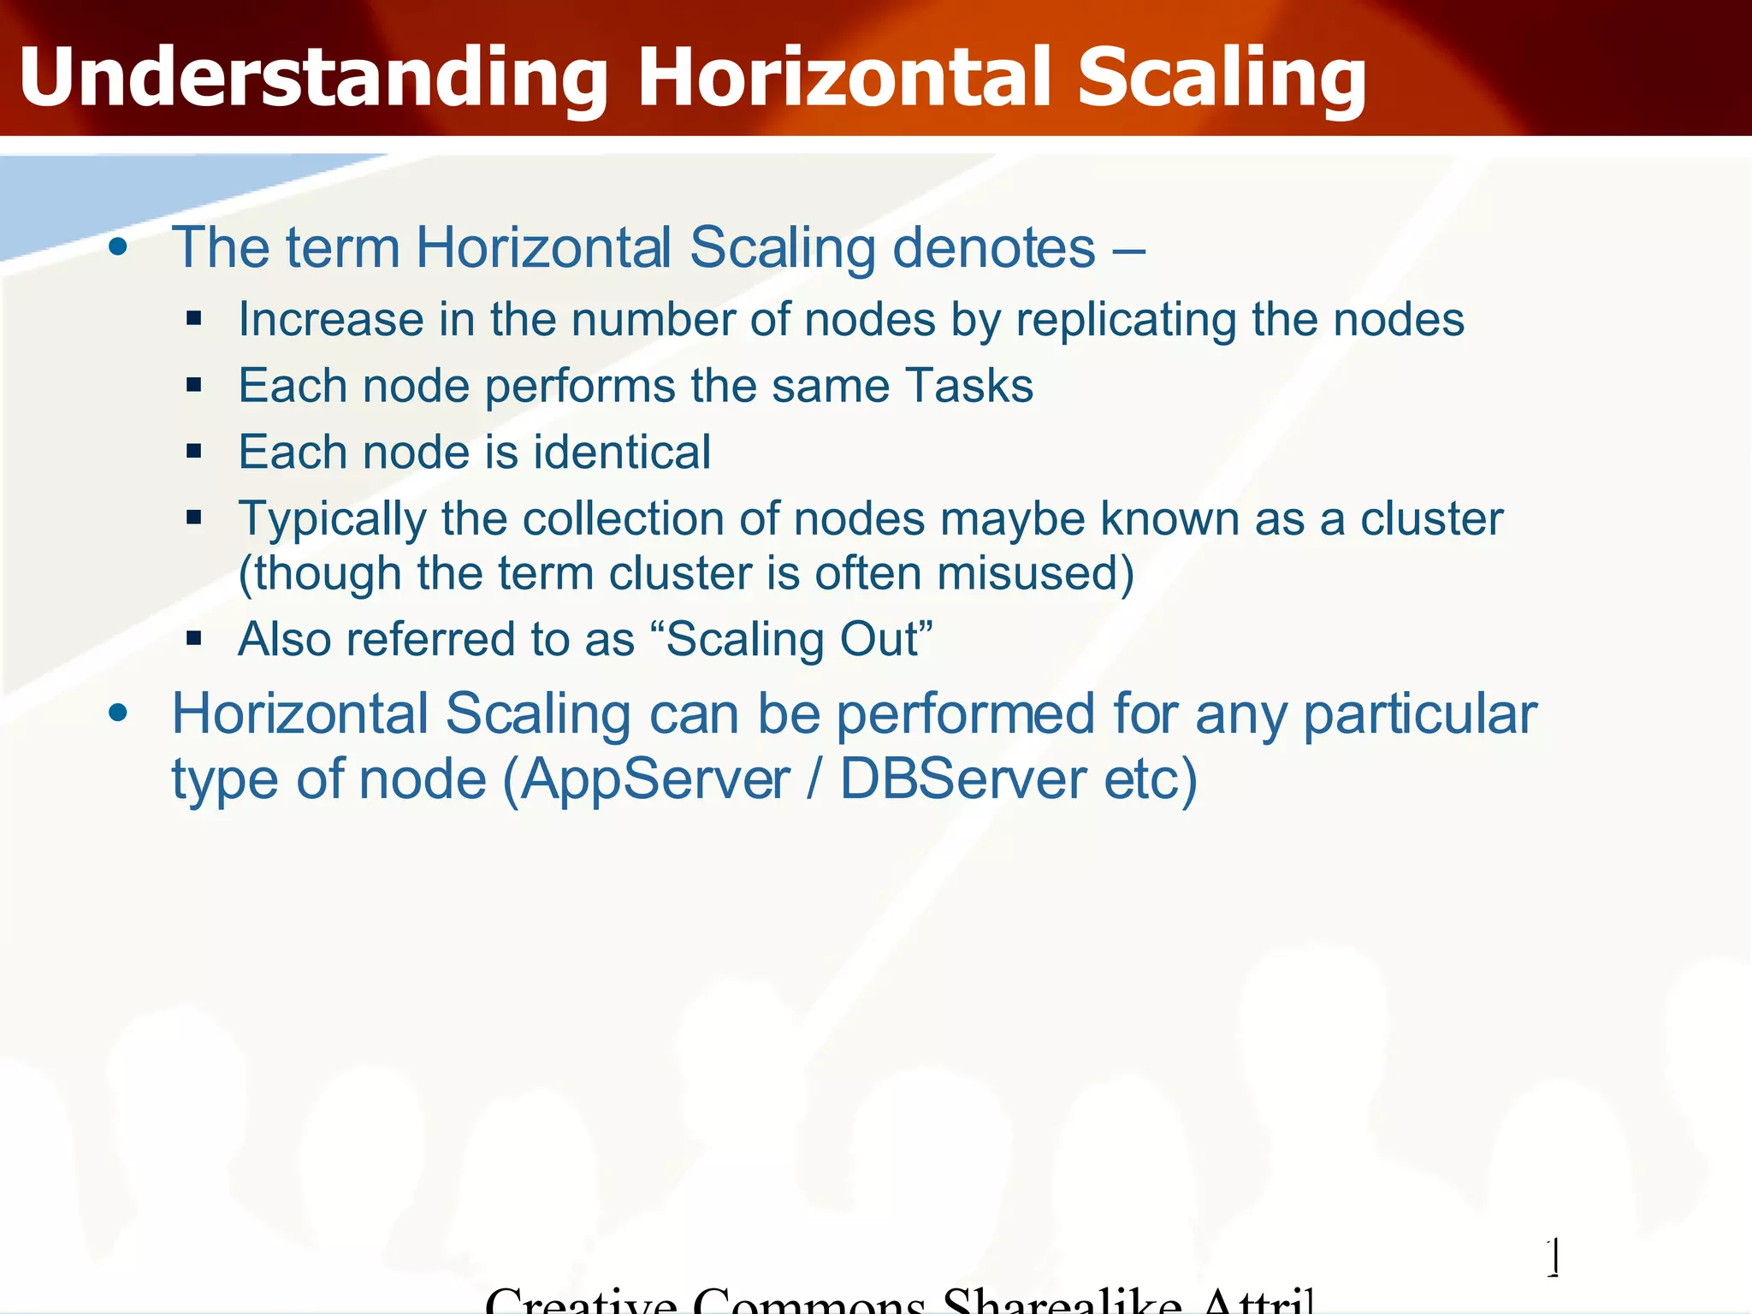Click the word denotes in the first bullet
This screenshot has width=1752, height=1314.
(x=994, y=248)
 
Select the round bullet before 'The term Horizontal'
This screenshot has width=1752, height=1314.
(x=118, y=248)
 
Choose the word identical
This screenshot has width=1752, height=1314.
(x=622, y=452)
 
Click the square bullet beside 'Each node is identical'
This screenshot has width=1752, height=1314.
(x=194, y=451)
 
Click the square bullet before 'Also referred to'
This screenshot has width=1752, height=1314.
(x=194, y=638)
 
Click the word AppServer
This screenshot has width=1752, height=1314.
(x=654, y=780)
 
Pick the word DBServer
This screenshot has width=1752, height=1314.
(x=962, y=780)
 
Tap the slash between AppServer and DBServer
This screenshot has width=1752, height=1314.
(x=814, y=780)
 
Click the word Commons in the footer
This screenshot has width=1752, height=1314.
(x=808, y=1302)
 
